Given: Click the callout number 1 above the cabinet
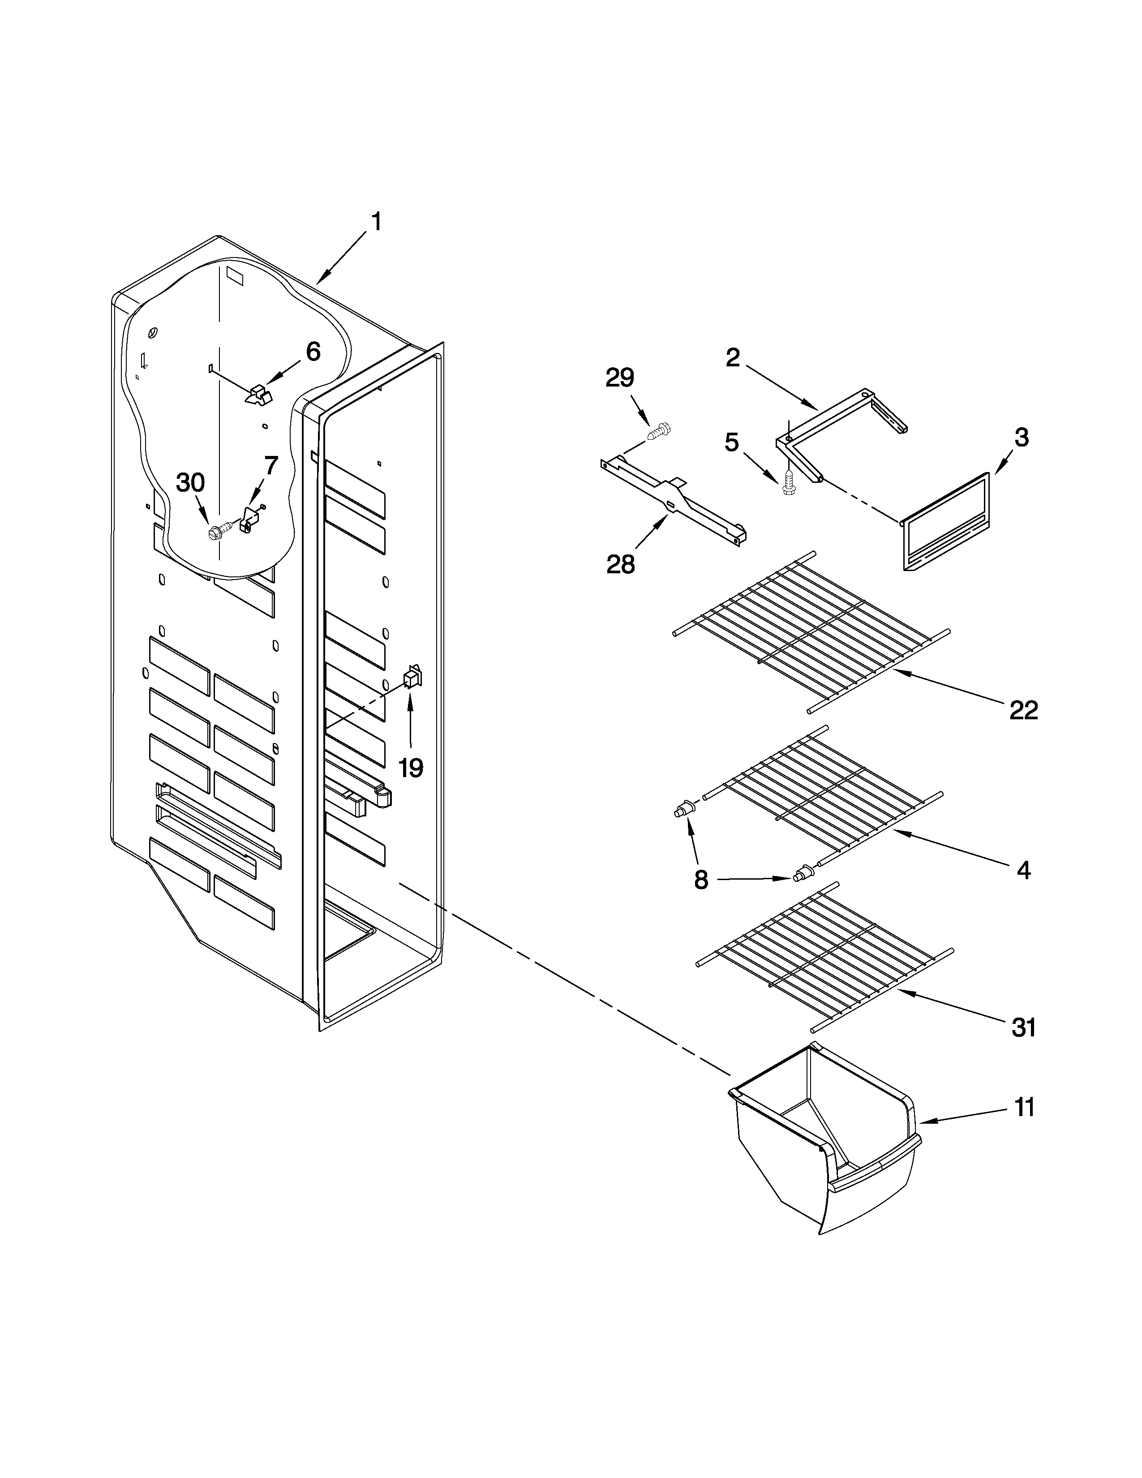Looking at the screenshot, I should coord(376,222).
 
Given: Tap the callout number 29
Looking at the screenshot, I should coord(620,378).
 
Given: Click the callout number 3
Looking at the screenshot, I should coord(1022,438).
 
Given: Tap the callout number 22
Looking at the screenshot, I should coord(1023,710).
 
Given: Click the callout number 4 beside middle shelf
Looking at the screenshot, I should coord(1024,870).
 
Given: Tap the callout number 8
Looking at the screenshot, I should coord(701,880).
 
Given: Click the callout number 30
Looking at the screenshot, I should coord(190,482).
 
